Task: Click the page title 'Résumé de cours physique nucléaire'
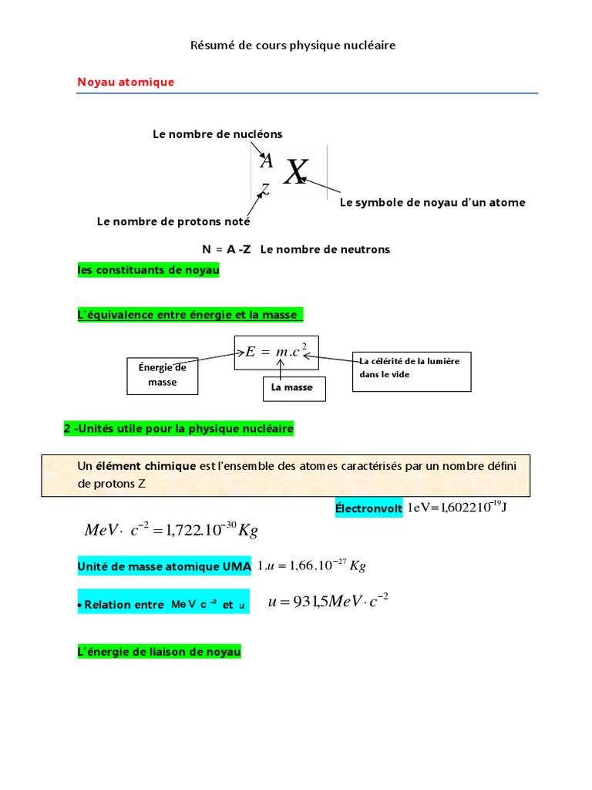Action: (293, 46)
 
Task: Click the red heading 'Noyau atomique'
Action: (126, 82)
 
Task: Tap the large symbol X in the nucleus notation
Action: (294, 174)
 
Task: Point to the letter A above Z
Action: (267, 160)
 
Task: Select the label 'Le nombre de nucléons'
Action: (217, 134)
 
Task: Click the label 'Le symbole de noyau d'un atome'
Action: (432, 202)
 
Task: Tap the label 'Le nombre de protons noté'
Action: (173, 221)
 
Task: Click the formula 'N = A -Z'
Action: (227, 249)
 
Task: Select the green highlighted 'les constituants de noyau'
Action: (149, 270)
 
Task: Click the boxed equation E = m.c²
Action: (276, 352)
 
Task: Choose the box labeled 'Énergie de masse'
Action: (163, 375)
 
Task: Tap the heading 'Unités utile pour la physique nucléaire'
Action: (178, 428)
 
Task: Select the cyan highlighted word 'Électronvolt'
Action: (368, 508)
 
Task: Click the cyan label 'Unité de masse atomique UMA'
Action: (165, 567)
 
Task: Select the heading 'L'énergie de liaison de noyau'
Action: (160, 652)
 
